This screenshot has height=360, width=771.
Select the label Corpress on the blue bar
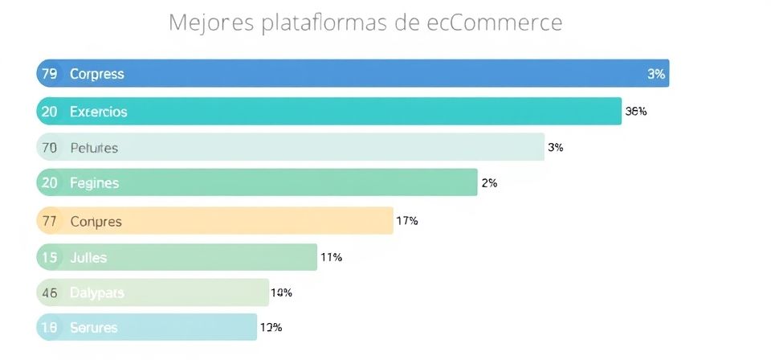[96, 74]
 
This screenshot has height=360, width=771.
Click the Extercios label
[98, 112]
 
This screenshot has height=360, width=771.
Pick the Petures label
[94, 148]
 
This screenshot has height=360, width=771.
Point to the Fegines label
[94, 183]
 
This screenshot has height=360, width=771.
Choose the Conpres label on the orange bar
[96, 221]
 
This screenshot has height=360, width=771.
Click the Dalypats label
[96, 293]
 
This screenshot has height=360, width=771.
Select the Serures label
[93, 328]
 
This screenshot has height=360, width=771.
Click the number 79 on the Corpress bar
[49, 74]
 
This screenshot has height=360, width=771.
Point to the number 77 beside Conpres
[49, 221]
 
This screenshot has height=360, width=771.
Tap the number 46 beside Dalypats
[49, 293]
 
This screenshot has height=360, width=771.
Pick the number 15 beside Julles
[49, 258]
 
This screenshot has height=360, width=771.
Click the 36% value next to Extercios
[636, 112]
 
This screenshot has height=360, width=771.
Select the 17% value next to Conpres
[407, 220]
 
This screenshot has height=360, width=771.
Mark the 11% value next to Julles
[332, 257]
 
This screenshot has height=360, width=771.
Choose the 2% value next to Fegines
[489, 183]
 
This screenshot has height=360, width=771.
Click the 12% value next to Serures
[271, 327]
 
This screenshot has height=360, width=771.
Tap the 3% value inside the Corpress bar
[656, 74]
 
